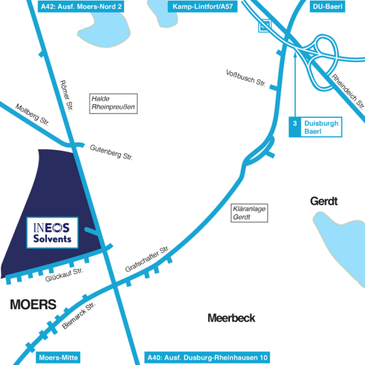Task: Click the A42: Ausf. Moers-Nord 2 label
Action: [85, 6]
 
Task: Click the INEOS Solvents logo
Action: [52, 232]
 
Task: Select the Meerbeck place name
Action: [232, 318]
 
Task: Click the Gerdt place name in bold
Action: [324, 201]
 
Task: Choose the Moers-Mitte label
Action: [58, 358]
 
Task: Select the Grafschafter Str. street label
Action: [146, 259]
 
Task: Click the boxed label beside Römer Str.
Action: [113, 103]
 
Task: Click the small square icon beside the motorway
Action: [264, 26]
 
